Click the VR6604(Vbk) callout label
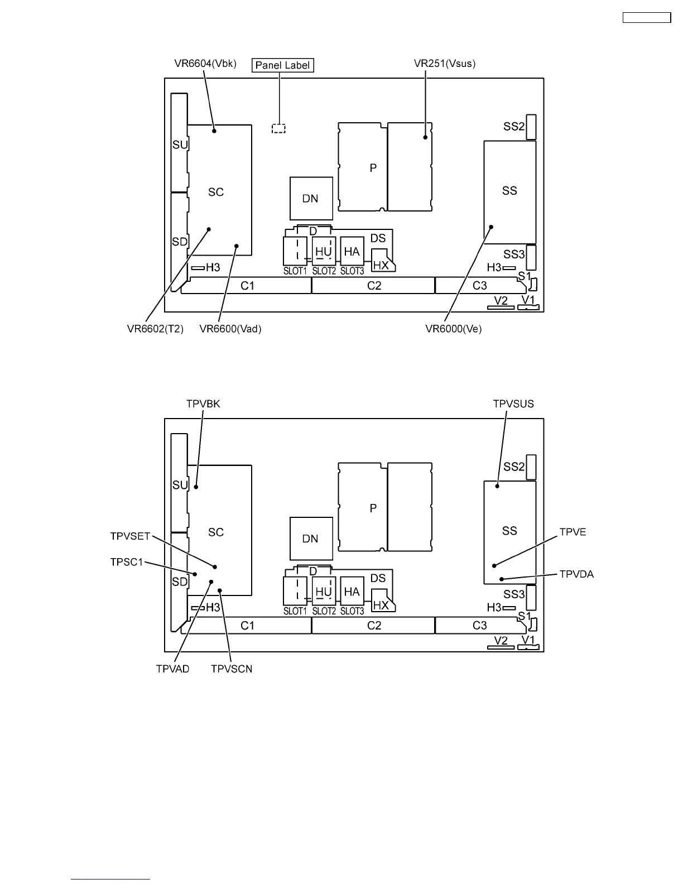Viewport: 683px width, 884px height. pos(205,64)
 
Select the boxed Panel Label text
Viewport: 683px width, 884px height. pos(282,65)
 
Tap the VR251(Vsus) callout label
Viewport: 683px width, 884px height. pos(445,64)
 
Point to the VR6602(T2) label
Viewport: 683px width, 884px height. pos(155,329)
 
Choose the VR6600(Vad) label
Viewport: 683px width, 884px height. pos(230,329)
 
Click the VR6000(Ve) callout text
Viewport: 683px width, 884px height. pos(454,329)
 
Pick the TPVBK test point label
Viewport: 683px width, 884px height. pos(203,403)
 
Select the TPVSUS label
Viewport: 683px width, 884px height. pos(513,403)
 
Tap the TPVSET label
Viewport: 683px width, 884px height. pos(131,536)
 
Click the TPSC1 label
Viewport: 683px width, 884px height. pos(127,562)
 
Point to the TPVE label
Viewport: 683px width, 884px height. pos(573,532)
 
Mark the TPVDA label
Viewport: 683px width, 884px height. pos(576,574)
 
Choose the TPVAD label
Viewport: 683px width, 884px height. pos(172,669)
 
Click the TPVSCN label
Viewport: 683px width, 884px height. pos(232,669)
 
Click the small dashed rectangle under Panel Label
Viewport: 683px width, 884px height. pos(278,128)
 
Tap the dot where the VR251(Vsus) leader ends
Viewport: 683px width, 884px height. pos(425,137)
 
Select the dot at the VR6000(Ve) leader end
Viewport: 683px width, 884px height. pos(492,227)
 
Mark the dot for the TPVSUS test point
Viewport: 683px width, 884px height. pos(499,486)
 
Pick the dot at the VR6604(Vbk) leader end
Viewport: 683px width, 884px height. pos(214,131)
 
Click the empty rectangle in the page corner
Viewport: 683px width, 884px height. pos(646,18)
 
